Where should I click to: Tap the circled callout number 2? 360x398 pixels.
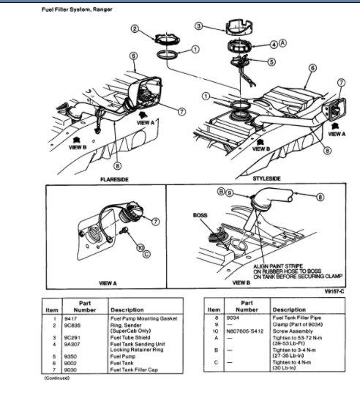[135, 29]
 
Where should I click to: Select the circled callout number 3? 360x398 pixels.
[199, 26]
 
